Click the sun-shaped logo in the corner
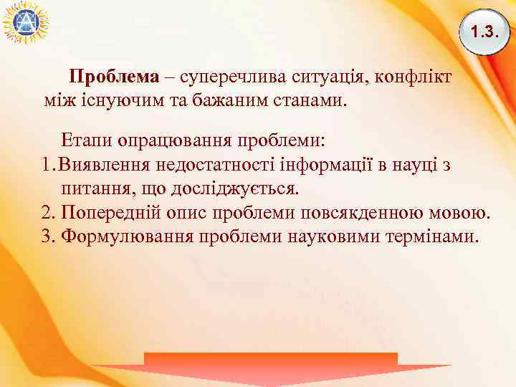24,21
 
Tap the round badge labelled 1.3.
484,32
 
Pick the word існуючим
107,98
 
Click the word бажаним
222,98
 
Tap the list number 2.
48,213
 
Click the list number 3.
48,236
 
